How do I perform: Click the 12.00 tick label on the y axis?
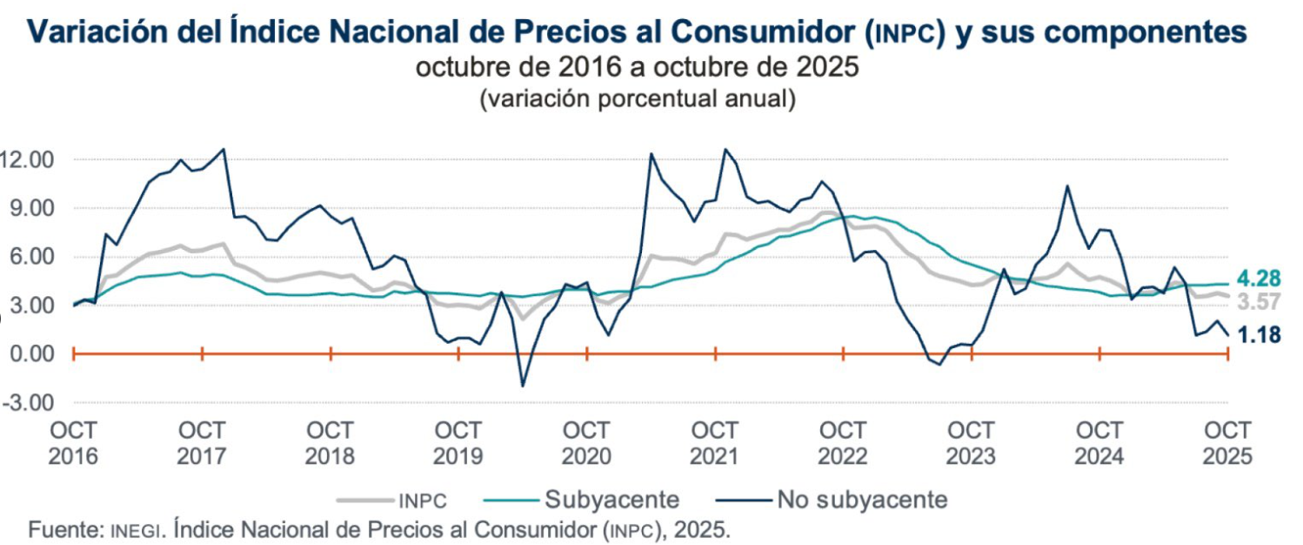tap(29, 160)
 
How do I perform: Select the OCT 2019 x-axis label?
tap(458, 443)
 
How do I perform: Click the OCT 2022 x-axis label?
tap(842, 443)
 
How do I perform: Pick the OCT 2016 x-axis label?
tap(74, 443)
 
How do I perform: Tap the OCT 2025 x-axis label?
tap(1226, 443)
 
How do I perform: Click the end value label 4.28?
tap(1257, 279)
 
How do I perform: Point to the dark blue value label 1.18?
tap(1257, 335)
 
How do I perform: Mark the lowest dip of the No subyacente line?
tap(523, 386)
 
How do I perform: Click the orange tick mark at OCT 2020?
tap(587, 353)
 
